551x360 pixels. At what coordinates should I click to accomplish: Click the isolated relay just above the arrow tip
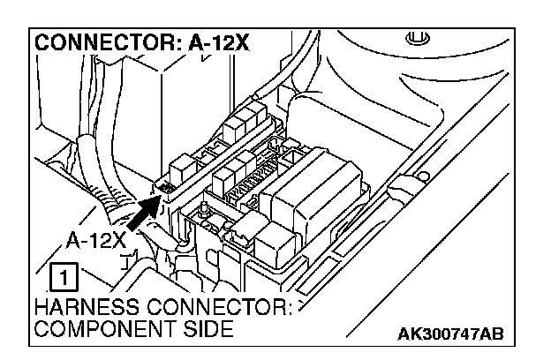coord(181,164)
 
